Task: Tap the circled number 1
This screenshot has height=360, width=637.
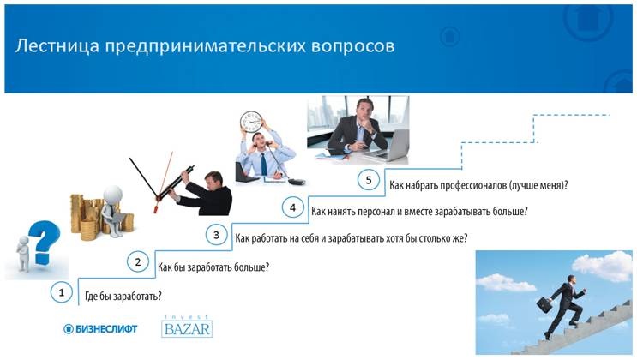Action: [61, 292]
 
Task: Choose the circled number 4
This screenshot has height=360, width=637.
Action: [292, 207]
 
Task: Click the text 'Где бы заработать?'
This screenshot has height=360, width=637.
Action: [122, 297]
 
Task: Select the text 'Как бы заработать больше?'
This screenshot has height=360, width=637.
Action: [213, 267]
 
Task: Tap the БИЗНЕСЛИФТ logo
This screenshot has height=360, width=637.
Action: [101, 329]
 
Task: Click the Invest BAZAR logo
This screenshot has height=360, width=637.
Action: [186, 327]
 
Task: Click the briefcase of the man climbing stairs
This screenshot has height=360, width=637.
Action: [545, 303]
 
